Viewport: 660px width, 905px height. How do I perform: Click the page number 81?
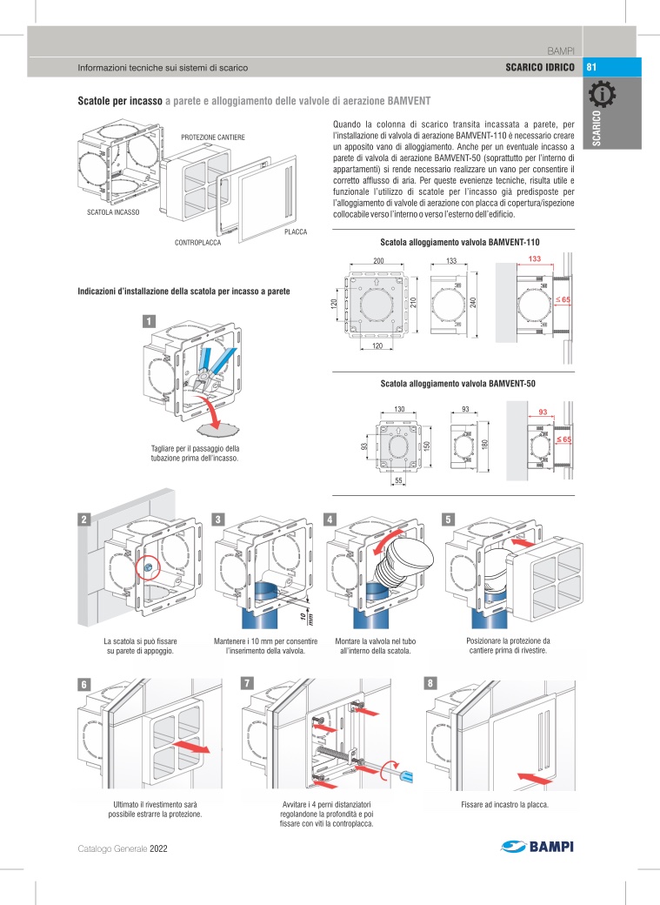tap(592, 67)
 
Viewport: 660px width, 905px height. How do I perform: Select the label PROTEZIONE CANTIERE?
tap(213, 137)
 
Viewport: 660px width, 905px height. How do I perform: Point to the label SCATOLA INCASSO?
tap(113, 211)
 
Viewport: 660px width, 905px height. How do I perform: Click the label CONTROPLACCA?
tap(197, 242)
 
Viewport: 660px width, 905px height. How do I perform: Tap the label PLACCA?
tap(297, 231)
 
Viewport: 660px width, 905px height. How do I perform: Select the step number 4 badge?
tap(330, 520)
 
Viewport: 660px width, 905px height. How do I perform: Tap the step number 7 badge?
tap(248, 683)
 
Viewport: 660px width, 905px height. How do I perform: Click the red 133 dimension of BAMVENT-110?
tap(535, 260)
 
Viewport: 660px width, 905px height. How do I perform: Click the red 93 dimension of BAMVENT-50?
tap(543, 411)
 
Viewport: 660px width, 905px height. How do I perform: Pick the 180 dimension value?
tap(484, 445)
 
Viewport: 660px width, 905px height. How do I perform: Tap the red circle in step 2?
tap(149, 566)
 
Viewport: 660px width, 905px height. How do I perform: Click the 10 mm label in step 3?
tap(303, 618)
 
